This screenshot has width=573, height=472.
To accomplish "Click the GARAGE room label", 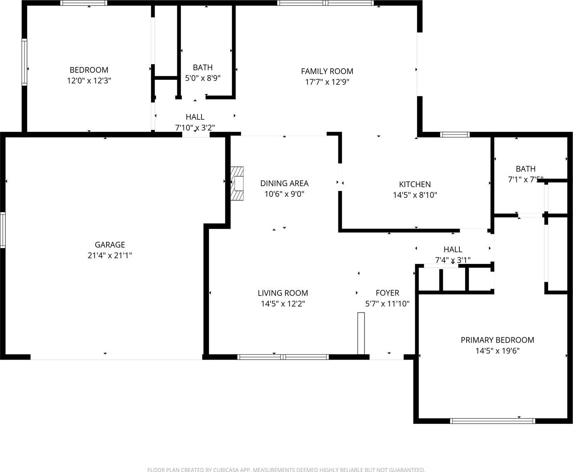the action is point(110,244).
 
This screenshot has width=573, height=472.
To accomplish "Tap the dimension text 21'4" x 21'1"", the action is point(110,256).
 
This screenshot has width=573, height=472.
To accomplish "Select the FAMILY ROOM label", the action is point(327,72).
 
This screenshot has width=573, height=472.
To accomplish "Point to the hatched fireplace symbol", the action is point(237,184).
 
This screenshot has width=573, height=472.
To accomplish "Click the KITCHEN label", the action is point(415,184).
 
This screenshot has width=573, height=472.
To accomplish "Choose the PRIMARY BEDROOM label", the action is point(498,340).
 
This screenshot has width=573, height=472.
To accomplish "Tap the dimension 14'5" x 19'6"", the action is point(498,351).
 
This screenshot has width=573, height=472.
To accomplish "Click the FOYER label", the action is point(387,293).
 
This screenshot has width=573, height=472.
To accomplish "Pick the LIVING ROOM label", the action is point(283,293).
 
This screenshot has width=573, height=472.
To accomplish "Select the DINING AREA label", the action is point(284,183).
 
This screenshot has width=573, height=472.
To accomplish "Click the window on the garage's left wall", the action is point(2,230).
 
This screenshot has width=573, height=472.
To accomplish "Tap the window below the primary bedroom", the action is point(493,421).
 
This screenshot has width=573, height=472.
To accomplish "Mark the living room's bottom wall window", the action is point(283,357).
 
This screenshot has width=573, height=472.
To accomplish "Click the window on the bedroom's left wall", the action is point(25,62).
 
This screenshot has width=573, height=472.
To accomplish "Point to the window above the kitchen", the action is point(455,134).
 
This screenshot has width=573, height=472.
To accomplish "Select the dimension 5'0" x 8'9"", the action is point(203,78).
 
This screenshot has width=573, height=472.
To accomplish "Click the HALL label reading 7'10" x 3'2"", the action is point(195,122).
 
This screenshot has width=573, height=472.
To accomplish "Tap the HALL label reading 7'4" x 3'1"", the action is point(453,255).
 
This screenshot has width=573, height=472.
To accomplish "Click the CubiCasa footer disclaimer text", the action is point(286,470).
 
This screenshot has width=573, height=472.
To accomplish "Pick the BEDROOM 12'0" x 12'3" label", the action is point(89,75).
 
